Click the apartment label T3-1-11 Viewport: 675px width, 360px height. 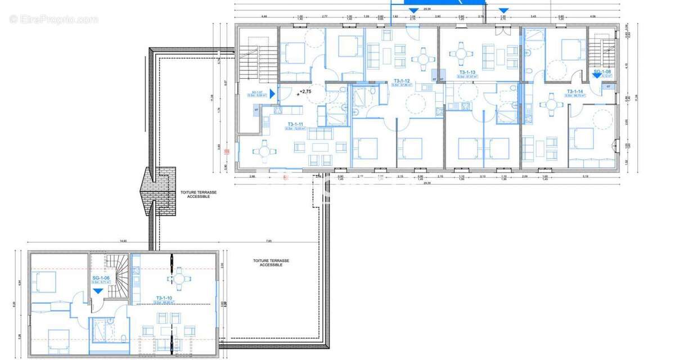(x=295, y=124)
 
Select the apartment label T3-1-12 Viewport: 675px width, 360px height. (x=402, y=81)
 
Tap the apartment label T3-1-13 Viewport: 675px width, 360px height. (x=467, y=72)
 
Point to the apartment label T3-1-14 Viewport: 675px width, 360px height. (x=575, y=91)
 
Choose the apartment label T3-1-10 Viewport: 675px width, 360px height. (x=164, y=298)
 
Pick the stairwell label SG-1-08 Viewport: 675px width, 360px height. (x=602, y=71)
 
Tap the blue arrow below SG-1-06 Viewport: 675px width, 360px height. (x=98, y=291)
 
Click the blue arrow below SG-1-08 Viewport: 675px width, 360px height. (x=596, y=77)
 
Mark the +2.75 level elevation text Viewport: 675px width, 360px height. (x=305, y=91)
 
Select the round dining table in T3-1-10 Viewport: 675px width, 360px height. (x=178, y=278)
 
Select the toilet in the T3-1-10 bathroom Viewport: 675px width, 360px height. (x=123, y=337)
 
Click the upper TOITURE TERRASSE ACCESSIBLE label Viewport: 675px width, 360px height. (x=195, y=195)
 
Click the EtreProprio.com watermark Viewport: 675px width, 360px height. (x=54, y=19)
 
